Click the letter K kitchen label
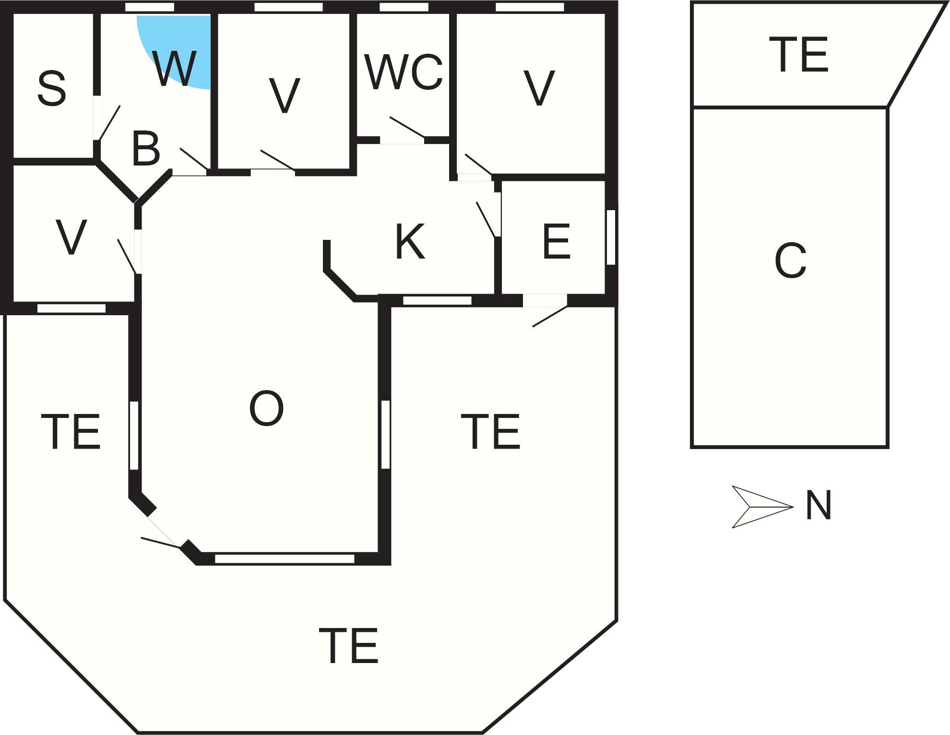point(410,242)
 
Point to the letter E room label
point(556,241)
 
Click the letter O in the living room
point(266,408)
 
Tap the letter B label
point(145,149)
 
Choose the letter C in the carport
point(790,261)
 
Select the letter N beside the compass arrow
point(818,506)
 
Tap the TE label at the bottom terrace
point(349,645)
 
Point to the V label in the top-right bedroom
point(539,88)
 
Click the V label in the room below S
point(71,237)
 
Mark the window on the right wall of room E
point(611,237)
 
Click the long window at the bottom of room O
point(285,558)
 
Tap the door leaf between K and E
point(486,219)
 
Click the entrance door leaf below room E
point(550,317)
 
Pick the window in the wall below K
point(437,301)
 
